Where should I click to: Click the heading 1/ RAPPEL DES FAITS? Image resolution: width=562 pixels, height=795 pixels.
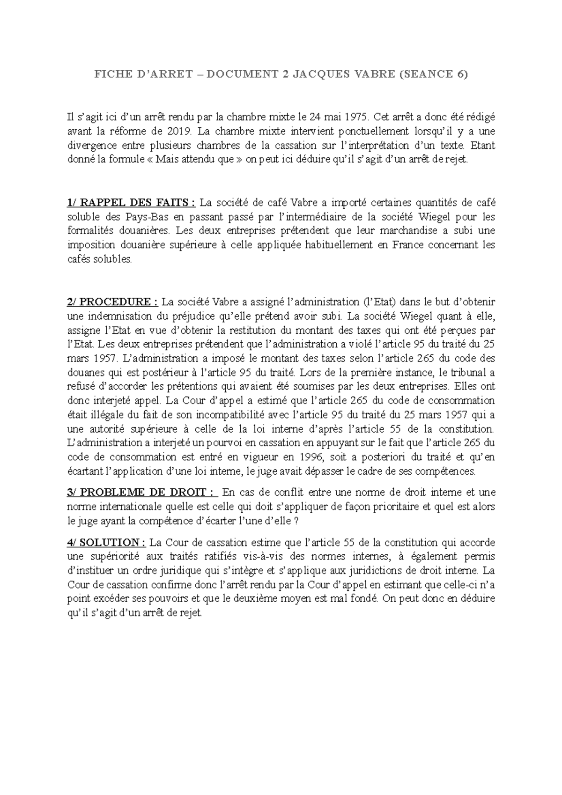click(131, 203)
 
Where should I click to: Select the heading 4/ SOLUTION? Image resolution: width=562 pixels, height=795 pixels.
click(106, 543)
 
